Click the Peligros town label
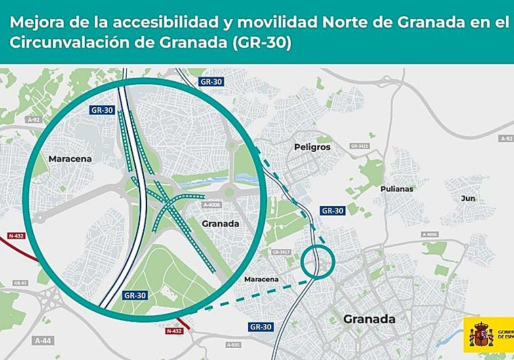coord(313,146)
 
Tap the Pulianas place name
coord(397,188)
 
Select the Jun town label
coord(468,198)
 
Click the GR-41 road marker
coord(20,282)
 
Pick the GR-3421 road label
coord(359,146)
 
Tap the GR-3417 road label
coord(281,252)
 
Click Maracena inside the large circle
coord(70,159)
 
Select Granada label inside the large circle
coord(221,222)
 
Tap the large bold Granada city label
coord(369,319)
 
